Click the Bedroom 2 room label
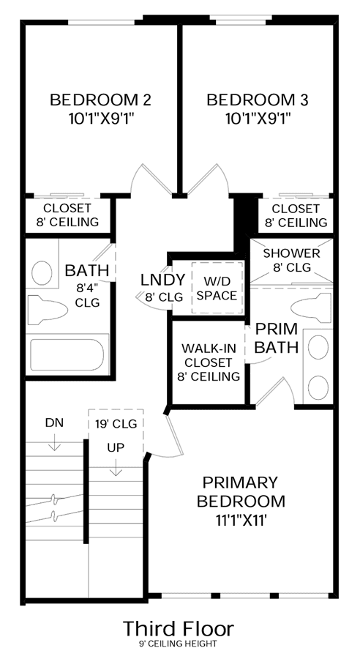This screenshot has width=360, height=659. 100,100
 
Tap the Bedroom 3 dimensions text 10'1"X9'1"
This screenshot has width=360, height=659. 258,119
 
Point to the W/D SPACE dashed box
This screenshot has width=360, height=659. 217,288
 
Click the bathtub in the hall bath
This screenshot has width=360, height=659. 67,354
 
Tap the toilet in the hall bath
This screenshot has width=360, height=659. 47,310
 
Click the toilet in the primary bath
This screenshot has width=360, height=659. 311,308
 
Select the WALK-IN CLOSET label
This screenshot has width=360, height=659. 209,362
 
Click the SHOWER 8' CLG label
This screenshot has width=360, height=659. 291,260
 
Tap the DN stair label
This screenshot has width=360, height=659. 54,422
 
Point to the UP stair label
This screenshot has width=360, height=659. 116,448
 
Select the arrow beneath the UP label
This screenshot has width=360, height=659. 116,467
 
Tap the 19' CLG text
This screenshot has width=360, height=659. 116,424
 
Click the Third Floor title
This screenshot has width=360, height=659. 179,629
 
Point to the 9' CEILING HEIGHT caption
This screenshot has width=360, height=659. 179,644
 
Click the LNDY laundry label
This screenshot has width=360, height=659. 163,280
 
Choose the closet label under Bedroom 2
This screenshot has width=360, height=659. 71,215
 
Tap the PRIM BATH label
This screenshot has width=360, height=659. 277,338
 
